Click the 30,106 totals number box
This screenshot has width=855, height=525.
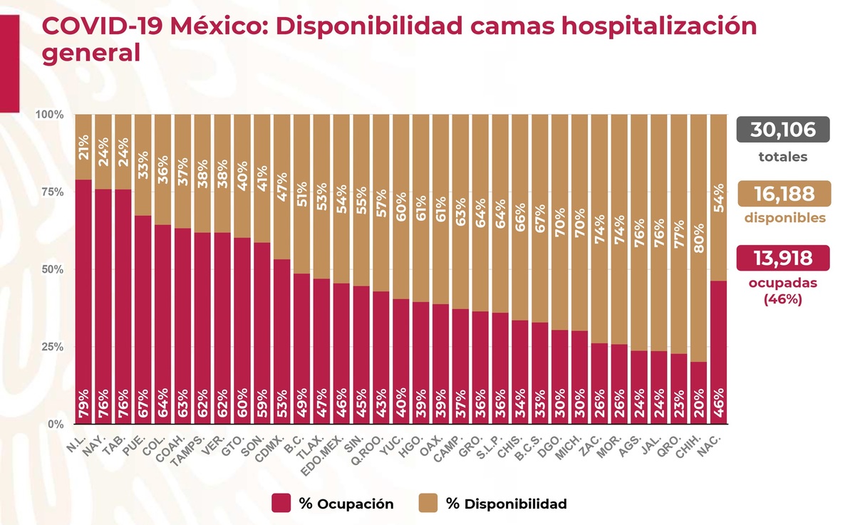pyautogui.click(x=782, y=130)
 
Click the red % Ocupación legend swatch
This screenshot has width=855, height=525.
pyautogui.click(x=281, y=504)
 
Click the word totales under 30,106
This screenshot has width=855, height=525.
pyautogui.click(x=782, y=156)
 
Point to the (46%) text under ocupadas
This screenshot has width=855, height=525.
pyautogui.click(x=782, y=299)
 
